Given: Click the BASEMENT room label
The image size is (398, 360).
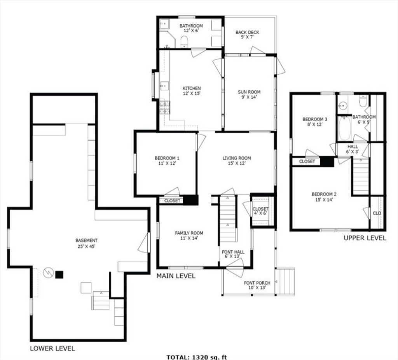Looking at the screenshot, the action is [x=86, y=240].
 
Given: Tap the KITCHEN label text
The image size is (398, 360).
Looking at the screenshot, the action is [x=192, y=88].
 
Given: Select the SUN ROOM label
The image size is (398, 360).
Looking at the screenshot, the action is [x=249, y=92].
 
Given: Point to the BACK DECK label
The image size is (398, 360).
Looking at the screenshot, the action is [x=247, y=32].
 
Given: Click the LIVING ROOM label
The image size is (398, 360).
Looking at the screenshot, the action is [x=237, y=158].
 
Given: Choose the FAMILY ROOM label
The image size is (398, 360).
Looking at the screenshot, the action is [x=189, y=233].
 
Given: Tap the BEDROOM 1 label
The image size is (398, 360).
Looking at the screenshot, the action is [x=167, y=158].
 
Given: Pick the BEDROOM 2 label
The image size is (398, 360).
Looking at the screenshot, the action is [x=324, y=194].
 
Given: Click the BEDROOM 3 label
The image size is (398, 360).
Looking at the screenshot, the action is [x=315, y=119].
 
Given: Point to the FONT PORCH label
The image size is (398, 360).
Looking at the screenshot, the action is [x=257, y=283].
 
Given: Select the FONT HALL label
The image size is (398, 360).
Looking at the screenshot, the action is [x=233, y=252].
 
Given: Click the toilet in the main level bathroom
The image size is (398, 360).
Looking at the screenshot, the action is [x=184, y=42].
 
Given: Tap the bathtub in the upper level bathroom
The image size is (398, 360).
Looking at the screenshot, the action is [x=344, y=128].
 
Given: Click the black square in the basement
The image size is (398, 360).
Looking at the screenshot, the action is [x=59, y=275].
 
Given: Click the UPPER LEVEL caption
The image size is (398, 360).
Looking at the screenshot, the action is [x=365, y=238].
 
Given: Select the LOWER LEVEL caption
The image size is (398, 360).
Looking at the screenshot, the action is [x=52, y=348].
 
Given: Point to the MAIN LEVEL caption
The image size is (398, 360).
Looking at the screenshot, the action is [x=176, y=276].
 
